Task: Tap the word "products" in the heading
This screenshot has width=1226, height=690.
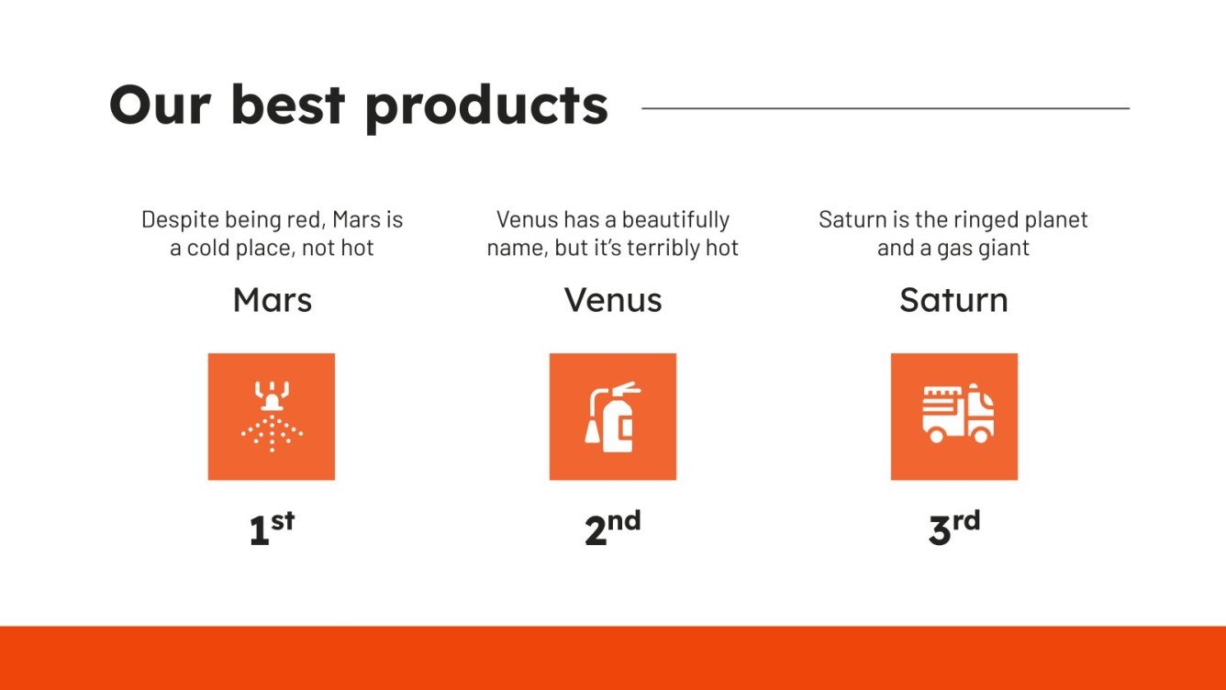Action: point(485,106)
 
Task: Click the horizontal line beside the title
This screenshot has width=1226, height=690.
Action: point(885,108)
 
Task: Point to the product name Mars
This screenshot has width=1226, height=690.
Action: point(272,300)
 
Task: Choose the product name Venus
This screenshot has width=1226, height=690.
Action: point(612,300)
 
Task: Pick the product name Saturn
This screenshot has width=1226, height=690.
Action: point(953,300)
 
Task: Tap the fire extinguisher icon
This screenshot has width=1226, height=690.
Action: point(612,417)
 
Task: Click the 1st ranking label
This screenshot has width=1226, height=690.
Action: point(272,530)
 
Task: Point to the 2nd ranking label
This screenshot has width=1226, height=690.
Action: point(612,530)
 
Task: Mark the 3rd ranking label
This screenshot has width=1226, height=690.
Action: point(953,530)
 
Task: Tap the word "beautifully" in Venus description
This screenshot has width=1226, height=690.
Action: point(675,220)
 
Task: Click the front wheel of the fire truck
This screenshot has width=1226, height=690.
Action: point(981,435)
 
